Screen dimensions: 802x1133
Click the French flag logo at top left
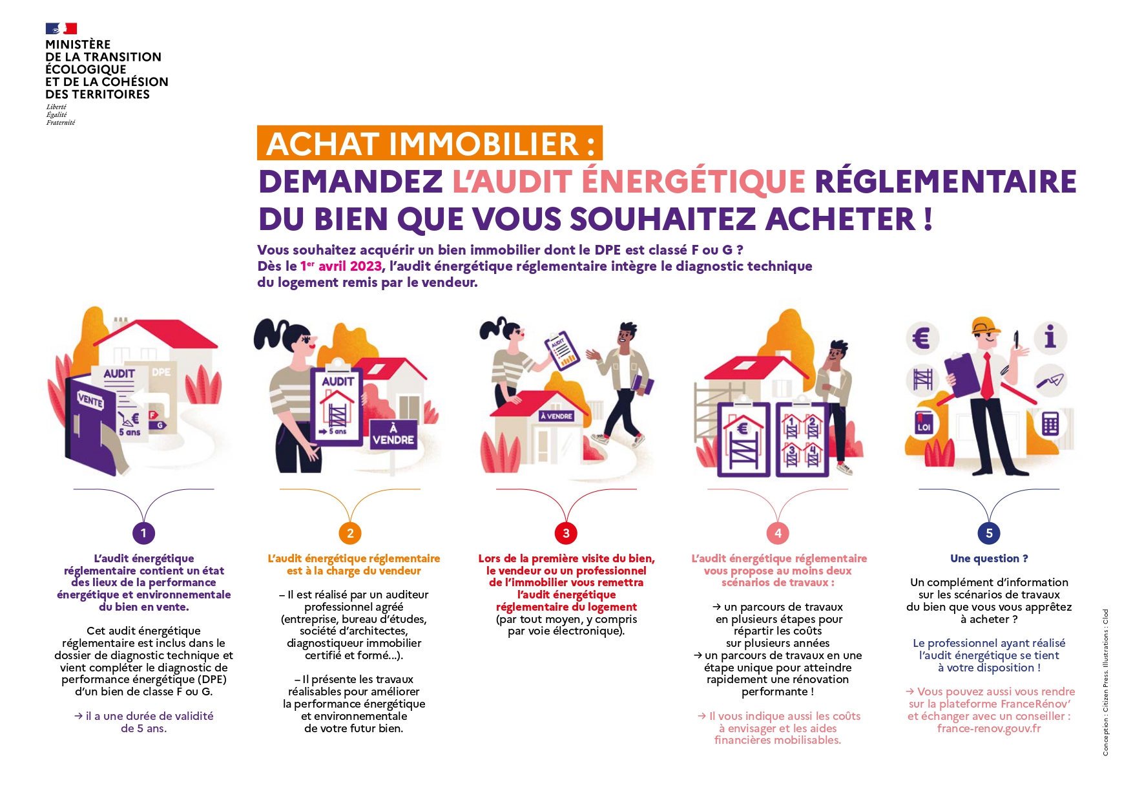(61, 28)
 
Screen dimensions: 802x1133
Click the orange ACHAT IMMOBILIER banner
(430, 143)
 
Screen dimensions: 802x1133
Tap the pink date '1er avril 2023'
(341, 266)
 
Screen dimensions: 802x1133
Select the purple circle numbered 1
(143, 533)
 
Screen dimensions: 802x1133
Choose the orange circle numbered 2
(350, 533)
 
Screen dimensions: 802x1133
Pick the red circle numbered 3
(566, 533)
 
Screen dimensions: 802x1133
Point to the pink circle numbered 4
(778, 533)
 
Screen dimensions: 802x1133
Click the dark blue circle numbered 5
(989, 533)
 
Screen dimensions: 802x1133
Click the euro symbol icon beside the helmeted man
(922, 337)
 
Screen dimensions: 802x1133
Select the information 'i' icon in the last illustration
(1050, 337)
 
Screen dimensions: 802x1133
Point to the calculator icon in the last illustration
(1050, 425)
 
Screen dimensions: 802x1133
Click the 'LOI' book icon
(924, 424)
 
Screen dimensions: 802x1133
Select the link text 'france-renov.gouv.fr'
(989, 728)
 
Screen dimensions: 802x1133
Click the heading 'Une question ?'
(989, 558)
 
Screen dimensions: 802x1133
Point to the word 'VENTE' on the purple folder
(90, 401)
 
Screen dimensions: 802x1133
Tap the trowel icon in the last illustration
(1050, 381)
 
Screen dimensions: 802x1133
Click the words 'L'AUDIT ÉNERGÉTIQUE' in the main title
(629, 182)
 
